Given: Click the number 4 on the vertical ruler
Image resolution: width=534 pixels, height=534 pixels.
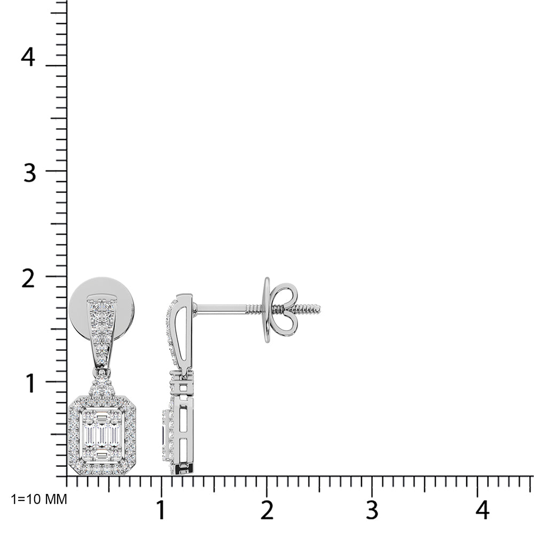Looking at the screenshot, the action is tap(28, 57).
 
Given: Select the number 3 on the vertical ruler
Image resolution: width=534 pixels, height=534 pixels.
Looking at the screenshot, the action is tap(29, 172).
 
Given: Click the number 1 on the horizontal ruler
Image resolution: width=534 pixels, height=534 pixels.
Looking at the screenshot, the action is tap(161, 510).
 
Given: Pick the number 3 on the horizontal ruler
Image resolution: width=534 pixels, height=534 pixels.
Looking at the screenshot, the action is tap(372, 510).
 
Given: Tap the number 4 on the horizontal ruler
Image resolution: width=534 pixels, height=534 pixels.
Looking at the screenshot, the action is tap(482, 510).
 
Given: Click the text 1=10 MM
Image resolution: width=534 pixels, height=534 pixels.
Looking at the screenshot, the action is tap(39, 499).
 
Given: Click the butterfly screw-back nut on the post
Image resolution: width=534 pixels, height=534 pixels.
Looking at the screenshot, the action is tap(280, 309).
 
